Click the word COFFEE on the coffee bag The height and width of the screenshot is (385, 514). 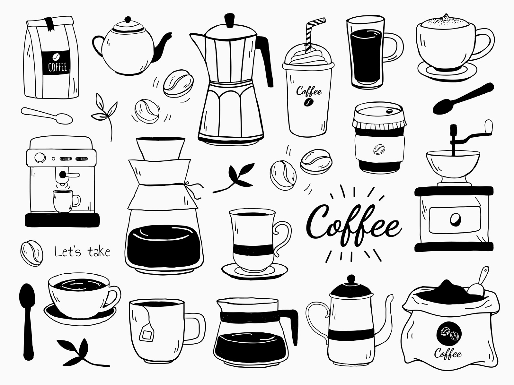coord(58,67)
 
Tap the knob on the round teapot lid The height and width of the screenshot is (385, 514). coord(128,19)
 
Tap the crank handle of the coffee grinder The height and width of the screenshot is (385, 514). coord(468,133)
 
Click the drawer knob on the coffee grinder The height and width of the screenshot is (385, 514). coord(455,220)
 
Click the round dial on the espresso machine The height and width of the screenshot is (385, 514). coord(40,158)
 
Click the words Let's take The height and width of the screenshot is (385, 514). coord(82,252)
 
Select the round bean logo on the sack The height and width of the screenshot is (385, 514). coord(449,334)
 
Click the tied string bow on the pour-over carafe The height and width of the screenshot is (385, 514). coord(194,190)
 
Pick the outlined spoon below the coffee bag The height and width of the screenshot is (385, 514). coord(47,116)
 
